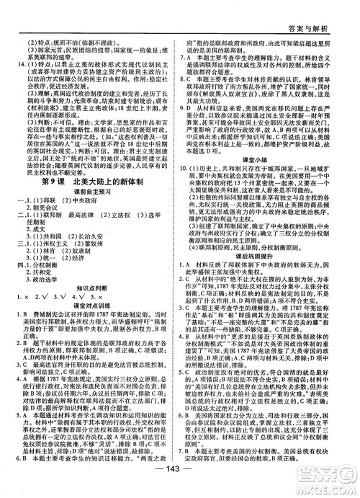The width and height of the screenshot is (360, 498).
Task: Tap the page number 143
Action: coord(180,481)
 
